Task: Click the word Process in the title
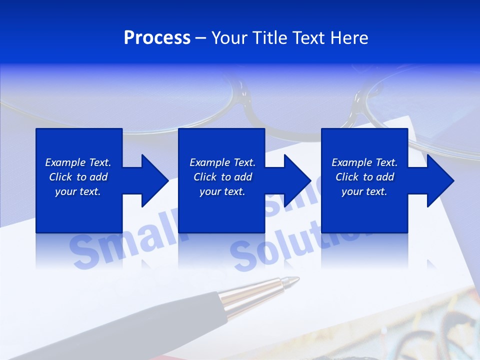[x=157, y=38]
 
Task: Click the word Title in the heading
[x=269, y=38]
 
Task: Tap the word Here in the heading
[x=350, y=38]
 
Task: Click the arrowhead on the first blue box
[x=152, y=180]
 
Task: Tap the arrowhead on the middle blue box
[x=295, y=180]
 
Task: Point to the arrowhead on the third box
[x=438, y=180]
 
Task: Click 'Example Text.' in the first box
[x=78, y=162]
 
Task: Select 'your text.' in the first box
[x=78, y=191]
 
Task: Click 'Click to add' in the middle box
[x=222, y=177]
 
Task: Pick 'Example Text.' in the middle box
[x=222, y=162]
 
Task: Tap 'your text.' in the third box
[x=364, y=191]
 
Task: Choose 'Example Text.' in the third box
[x=364, y=162]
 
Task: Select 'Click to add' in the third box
[x=364, y=177]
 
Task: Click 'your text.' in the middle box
[x=222, y=191]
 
